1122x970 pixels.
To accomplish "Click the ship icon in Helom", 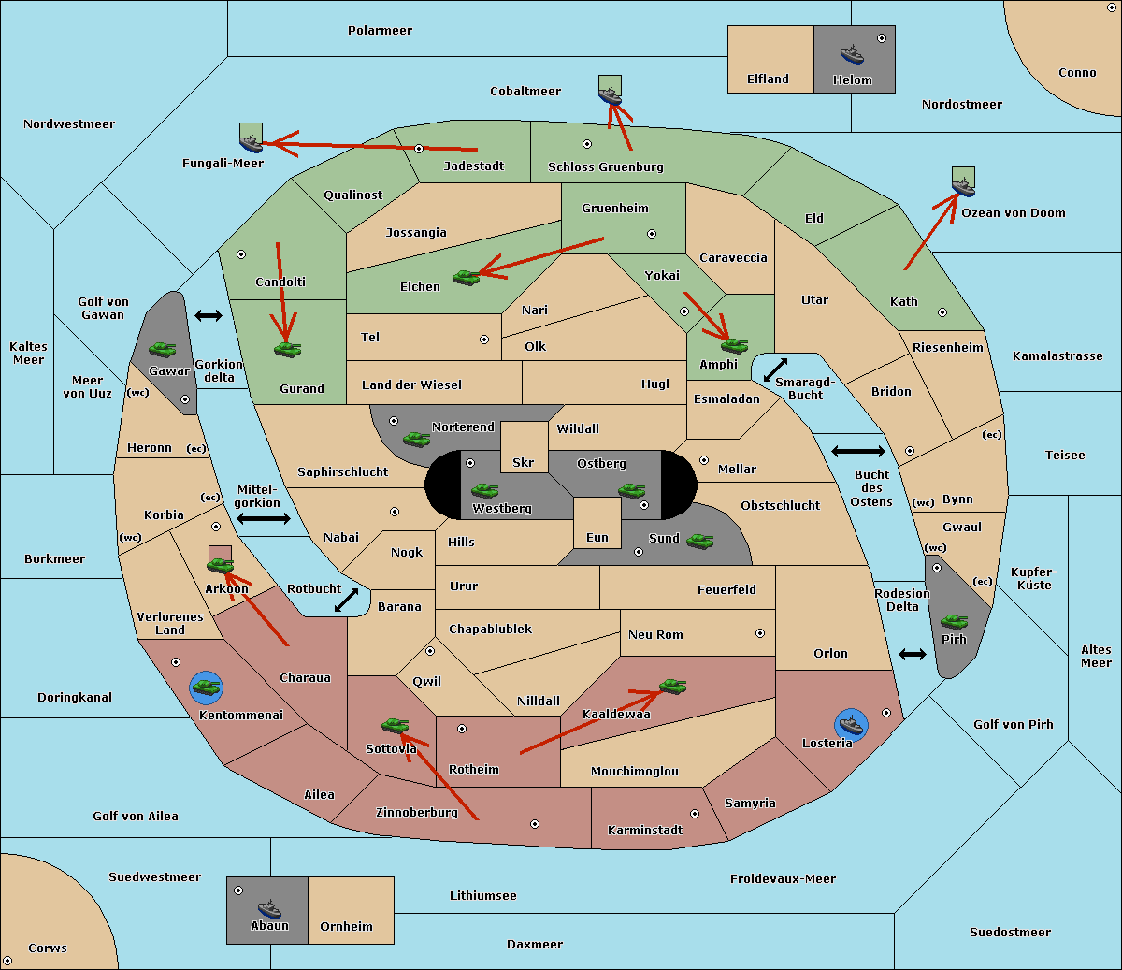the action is coord(852,54).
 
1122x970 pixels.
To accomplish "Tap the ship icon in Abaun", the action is coord(270,908).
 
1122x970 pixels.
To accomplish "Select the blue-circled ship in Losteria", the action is coord(851,725).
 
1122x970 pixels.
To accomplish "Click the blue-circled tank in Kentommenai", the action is coord(207,688).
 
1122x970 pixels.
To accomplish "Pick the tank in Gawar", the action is coord(163,349).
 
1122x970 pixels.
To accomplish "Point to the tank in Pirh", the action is coord(955,621).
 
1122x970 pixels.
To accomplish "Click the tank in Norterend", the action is coord(416,439).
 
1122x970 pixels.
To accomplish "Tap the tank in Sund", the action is coord(699,541).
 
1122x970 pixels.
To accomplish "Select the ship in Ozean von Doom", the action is coord(963,186).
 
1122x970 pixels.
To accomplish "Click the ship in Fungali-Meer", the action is coord(251,142).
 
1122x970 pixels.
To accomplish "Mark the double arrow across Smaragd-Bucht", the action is coord(775,369).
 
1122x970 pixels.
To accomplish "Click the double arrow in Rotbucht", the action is coord(346,600).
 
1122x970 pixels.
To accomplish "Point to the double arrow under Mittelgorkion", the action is coord(264,518).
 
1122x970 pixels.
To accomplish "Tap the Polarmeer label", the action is coord(380,31).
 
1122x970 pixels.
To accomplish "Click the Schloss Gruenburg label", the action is coord(606,166).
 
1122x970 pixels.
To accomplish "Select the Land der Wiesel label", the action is coord(411,385).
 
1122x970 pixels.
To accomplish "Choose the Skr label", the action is coord(524,462).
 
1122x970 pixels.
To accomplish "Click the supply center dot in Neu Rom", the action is coord(760,633).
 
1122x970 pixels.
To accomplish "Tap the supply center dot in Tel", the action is coord(484,340).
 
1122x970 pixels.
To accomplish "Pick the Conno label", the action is coord(1077,73).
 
